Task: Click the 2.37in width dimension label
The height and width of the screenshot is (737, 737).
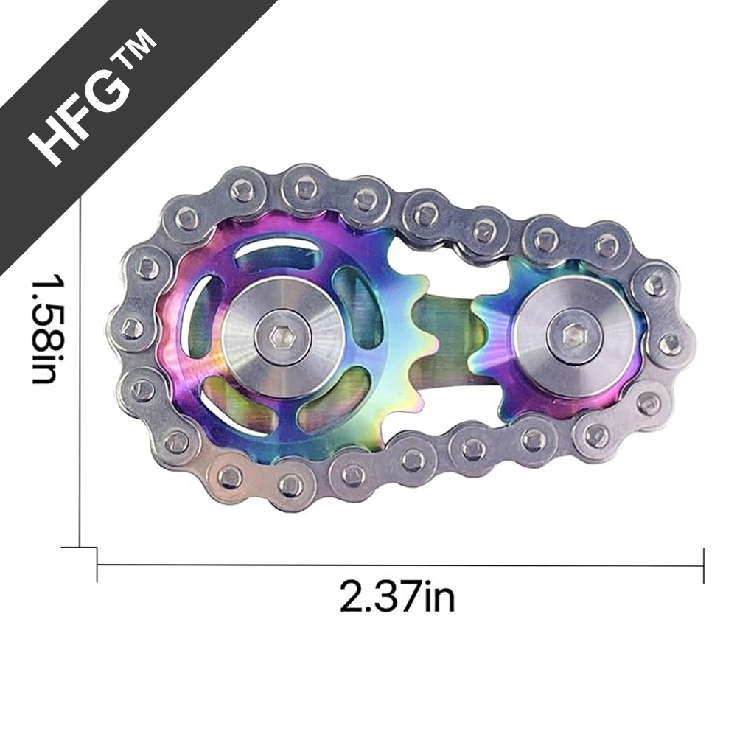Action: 397,596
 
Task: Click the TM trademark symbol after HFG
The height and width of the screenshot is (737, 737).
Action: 137,52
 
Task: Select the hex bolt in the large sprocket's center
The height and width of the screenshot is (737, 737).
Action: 282,337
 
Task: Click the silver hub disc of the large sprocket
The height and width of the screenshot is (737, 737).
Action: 282,337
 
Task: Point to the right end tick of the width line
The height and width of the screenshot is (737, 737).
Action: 704,565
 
